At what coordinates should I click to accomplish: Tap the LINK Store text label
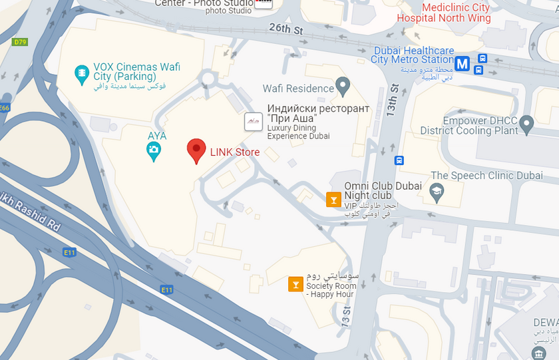(x=235, y=152)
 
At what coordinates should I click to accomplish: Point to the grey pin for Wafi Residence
(x=343, y=87)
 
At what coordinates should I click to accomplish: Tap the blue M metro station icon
(x=462, y=65)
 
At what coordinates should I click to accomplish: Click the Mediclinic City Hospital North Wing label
(x=444, y=13)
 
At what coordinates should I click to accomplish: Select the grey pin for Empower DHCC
(x=526, y=123)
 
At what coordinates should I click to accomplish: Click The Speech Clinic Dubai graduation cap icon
(x=437, y=193)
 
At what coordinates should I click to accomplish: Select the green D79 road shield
(x=20, y=42)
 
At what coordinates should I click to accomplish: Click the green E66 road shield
(x=4, y=107)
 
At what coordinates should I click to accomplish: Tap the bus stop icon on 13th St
(x=399, y=160)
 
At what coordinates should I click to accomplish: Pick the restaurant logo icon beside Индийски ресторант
(x=253, y=121)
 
